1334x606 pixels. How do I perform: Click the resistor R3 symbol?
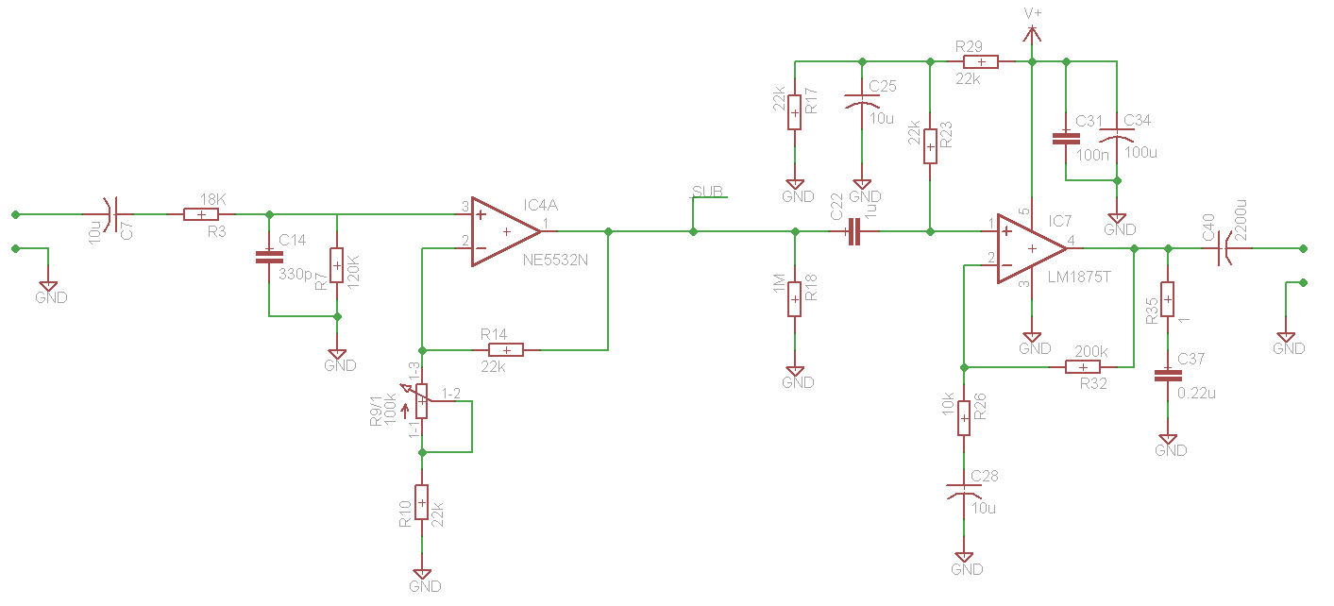[201, 214]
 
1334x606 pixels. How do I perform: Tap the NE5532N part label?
[555, 261]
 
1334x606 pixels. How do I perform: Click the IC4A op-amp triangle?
[506, 231]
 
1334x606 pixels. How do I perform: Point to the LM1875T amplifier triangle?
[1032, 248]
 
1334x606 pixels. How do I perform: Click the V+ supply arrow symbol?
[1032, 35]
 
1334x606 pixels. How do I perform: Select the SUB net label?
[707, 191]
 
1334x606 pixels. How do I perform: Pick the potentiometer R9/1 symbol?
[421, 400]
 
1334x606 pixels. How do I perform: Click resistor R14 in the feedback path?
[506, 350]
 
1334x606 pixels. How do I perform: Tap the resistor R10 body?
[422, 502]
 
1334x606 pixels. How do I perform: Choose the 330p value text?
[296, 275]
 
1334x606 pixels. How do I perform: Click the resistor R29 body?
[981, 62]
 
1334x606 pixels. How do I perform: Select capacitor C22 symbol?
[854, 231]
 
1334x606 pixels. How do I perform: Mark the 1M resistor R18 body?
[794, 299]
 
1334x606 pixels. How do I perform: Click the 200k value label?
[1091, 352]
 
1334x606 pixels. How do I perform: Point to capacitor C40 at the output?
[1224, 248]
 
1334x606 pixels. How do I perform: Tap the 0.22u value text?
[1196, 394]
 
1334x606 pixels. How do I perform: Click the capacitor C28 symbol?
[964, 492]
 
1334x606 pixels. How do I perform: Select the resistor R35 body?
[1168, 299]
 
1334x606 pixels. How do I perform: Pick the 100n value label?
[1092, 156]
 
